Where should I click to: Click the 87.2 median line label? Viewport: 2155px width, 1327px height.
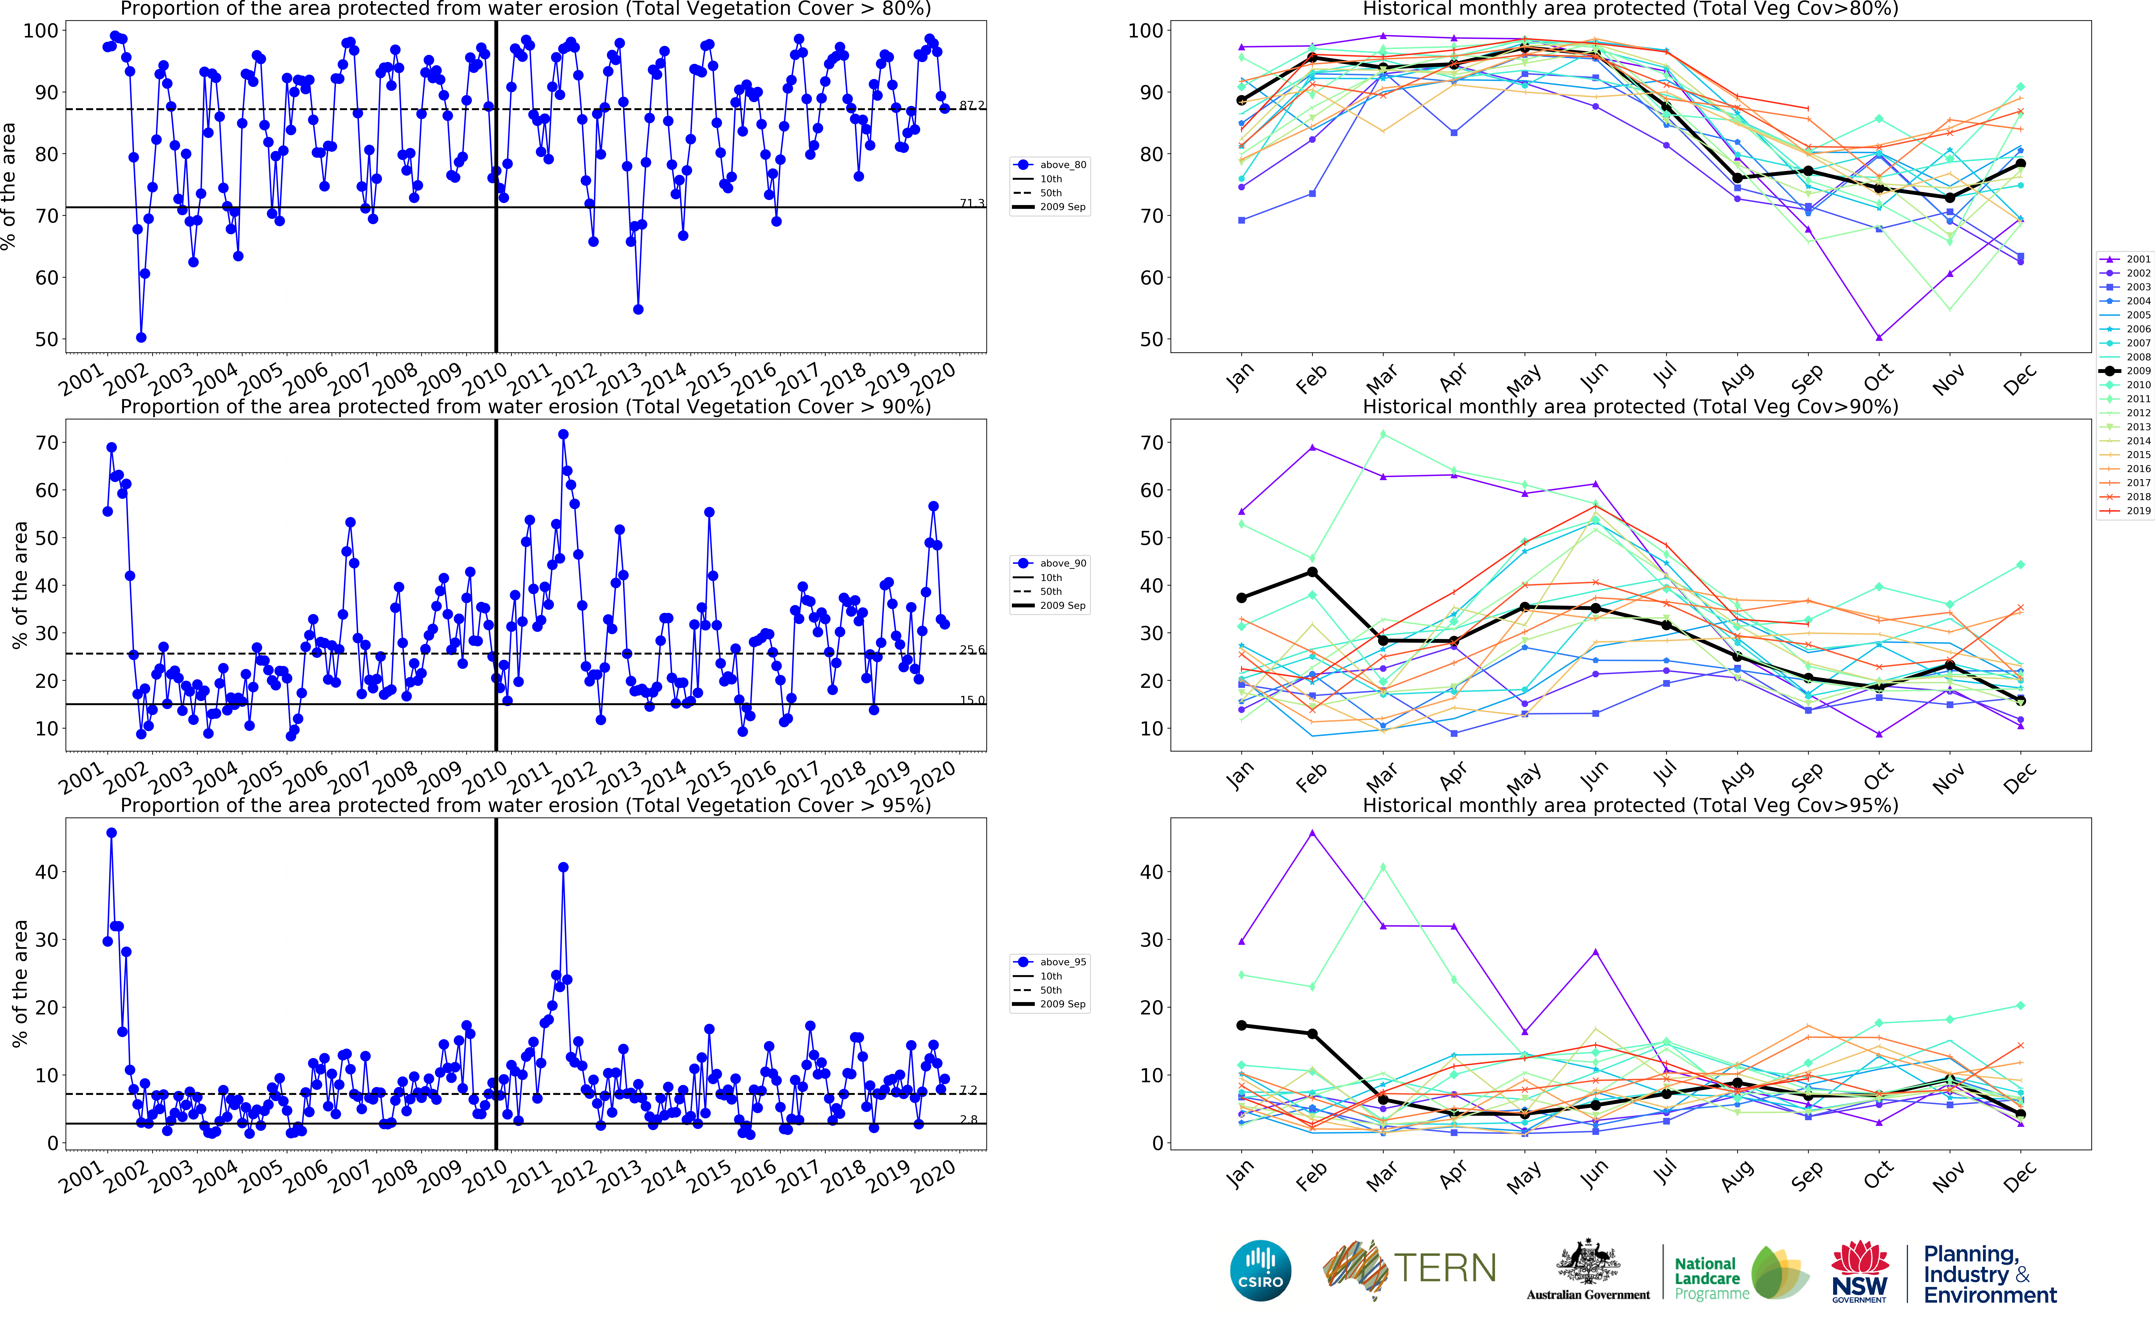pos(971,105)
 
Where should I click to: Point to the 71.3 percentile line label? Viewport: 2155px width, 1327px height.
pos(971,204)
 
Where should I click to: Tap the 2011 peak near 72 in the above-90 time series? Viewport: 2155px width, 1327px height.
pos(564,434)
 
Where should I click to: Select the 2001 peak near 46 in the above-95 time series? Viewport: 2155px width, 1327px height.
pos(112,833)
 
